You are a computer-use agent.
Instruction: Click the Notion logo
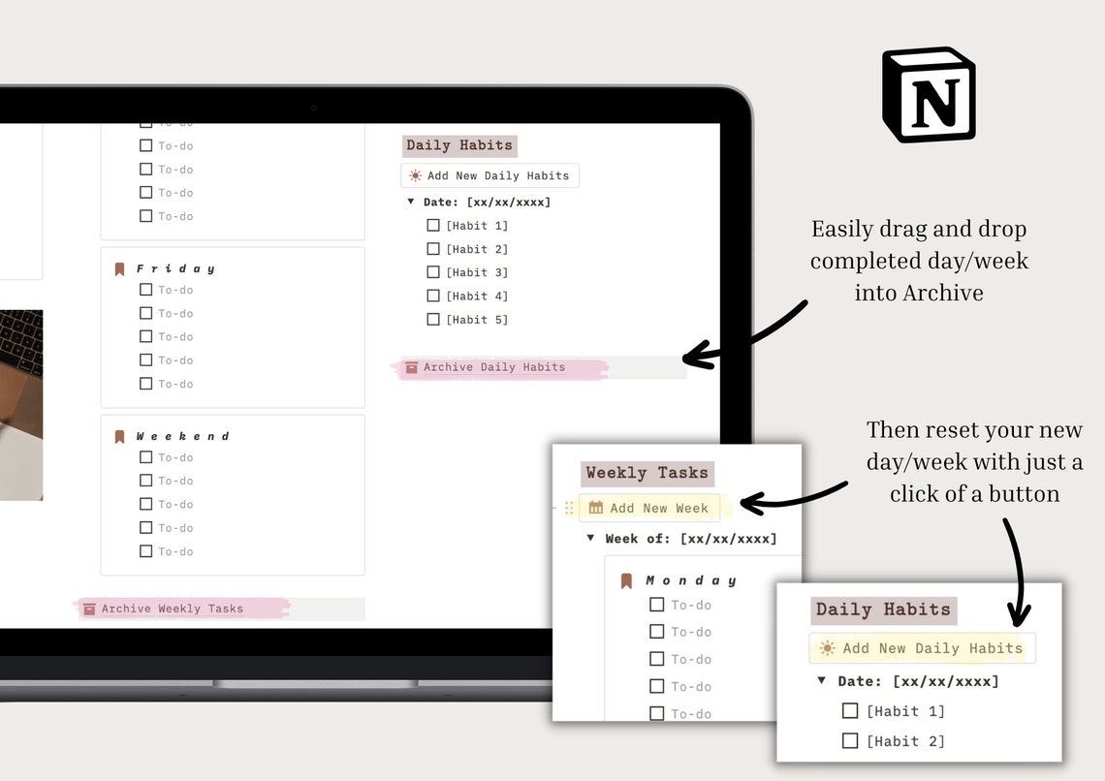(928, 95)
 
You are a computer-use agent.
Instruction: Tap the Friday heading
(175, 268)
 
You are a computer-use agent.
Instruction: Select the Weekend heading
(182, 436)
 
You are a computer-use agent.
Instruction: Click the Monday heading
(691, 580)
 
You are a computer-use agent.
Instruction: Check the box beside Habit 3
(433, 272)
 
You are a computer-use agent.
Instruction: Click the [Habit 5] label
(477, 320)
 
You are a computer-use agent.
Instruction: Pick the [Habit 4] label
(477, 297)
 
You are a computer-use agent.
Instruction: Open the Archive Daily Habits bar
(494, 367)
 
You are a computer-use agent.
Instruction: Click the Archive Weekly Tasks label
(173, 609)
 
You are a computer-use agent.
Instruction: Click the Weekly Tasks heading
(647, 473)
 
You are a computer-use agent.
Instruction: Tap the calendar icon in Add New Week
(596, 508)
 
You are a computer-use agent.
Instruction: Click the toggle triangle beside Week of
(590, 538)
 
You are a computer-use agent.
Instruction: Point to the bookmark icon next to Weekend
(120, 436)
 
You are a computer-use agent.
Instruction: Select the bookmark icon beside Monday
(626, 580)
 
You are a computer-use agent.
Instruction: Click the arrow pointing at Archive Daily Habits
(746, 337)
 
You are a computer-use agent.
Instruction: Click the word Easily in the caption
(841, 230)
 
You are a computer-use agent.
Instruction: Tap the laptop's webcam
(314, 109)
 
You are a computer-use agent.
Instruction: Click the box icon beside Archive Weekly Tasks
(89, 609)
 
